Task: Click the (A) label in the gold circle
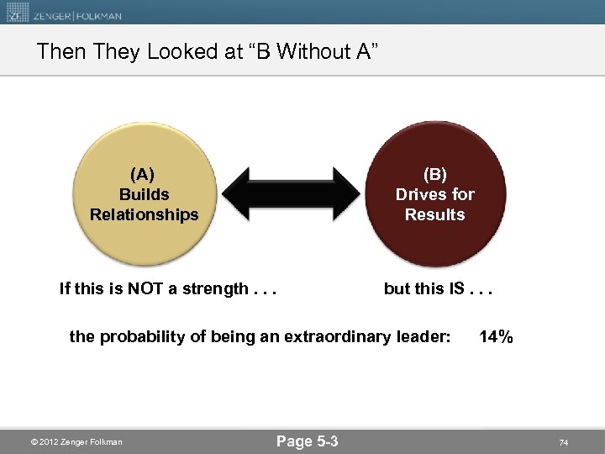143,174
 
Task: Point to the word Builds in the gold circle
144,194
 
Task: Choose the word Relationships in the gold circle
144,214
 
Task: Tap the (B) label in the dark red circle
434,174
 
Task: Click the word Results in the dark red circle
434,214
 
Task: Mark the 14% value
496,337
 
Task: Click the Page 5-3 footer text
307,441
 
